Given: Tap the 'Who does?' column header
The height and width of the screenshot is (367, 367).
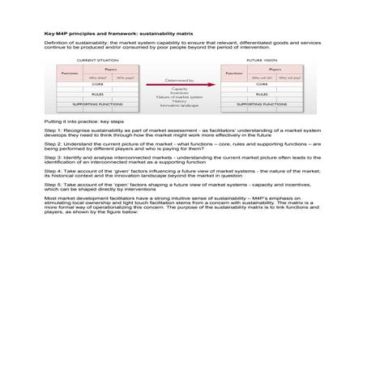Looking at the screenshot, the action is tap(98, 78).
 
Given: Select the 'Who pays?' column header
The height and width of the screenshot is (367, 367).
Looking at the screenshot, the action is tap(125, 78).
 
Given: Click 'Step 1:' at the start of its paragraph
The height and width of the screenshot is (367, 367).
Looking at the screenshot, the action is tap(51, 129).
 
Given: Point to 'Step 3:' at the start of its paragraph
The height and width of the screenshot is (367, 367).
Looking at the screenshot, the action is tap(51, 157).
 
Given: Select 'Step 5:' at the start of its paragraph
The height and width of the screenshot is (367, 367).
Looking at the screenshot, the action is tap(51, 185).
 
